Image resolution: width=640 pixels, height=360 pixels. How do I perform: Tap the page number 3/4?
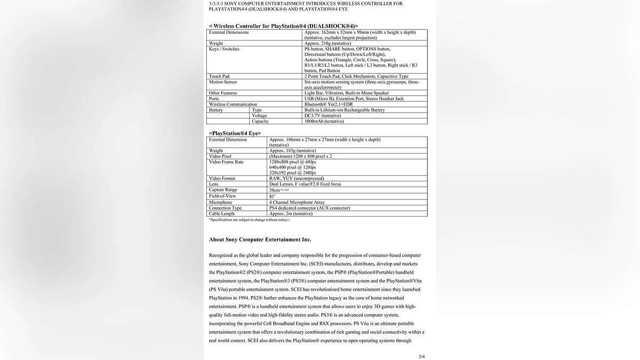click(x=422, y=356)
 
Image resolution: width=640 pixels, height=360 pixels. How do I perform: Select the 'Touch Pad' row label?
click(x=219, y=76)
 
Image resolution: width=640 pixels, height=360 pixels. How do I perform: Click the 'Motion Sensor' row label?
click(x=223, y=82)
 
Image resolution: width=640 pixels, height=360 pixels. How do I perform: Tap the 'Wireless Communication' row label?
click(x=233, y=105)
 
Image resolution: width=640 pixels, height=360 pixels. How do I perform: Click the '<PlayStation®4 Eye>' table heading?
click(x=235, y=133)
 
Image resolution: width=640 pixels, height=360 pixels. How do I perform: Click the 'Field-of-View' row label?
click(x=223, y=196)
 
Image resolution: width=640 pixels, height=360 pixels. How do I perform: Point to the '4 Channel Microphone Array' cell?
click(x=297, y=202)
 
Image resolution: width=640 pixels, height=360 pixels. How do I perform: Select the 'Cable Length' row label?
click(x=222, y=213)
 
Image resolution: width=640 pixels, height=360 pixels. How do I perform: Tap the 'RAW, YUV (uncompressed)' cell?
click(x=297, y=178)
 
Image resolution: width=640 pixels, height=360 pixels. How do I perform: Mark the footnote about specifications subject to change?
click(x=250, y=220)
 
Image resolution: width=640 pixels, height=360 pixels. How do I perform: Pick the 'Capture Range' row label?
click(x=223, y=190)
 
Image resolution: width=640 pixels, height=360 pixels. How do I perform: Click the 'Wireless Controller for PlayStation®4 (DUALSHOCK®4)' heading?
click(x=283, y=26)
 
